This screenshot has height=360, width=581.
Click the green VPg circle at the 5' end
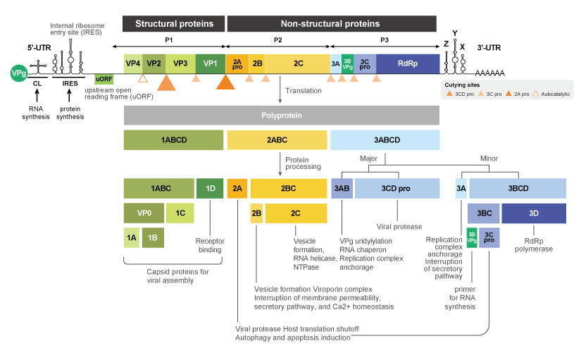(x=18, y=73)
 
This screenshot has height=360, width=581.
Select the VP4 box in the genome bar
(x=133, y=63)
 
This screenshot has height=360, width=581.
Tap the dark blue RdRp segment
(x=408, y=63)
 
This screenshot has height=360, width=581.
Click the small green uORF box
(x=104, y=79)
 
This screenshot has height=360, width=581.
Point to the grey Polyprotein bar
(x=282, y=115)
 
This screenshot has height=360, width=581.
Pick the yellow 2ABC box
(x=277, y=139)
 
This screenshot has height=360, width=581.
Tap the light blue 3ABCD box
(x=385, y=139)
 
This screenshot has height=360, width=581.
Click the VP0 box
(x=144, y=212)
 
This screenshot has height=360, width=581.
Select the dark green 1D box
(x=210, y=188)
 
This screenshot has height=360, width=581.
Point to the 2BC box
(x=288, y=188)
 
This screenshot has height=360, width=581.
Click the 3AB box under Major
(x=342, y=188)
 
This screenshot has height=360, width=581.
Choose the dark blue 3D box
(x=534, y=212)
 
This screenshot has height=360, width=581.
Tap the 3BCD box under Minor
(x=518, y=188)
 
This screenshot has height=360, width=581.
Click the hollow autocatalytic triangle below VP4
(x=142, y=78)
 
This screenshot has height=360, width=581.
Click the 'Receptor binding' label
(x=210, y=244)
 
